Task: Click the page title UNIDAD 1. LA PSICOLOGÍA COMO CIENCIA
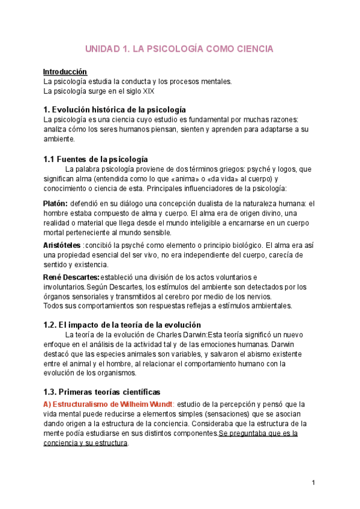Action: tap(179, 49)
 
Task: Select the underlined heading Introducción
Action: tap(65, 72)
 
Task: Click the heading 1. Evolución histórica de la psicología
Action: tap(115, 110)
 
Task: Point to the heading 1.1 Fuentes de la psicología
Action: tap(95, 159)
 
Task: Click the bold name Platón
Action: tap(55, 204)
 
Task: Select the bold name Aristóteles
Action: tap(62, 245)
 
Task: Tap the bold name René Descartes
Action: tap(71, 277)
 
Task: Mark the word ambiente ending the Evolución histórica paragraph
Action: tap(59, 139)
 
